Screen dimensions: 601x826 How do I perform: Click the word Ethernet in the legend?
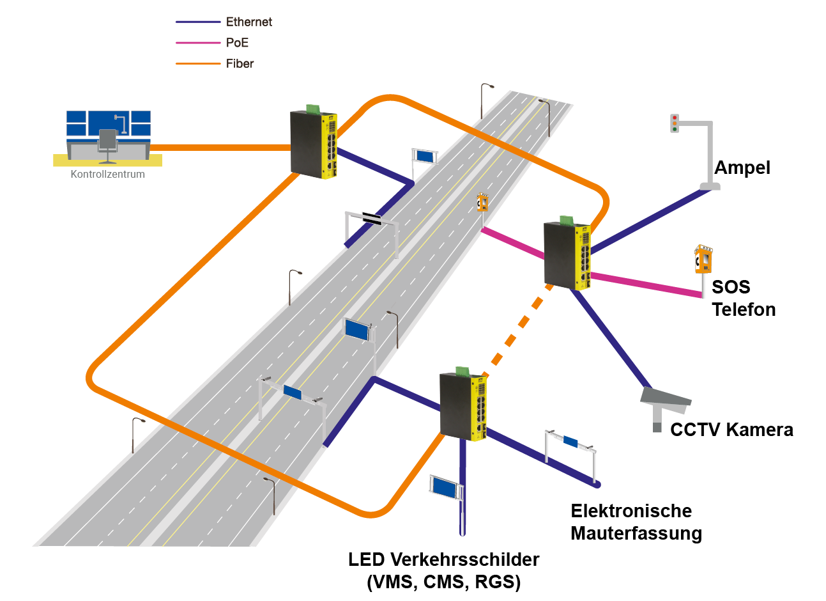(x=249, y=22)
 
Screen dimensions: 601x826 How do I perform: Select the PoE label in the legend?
(x=237, y=43)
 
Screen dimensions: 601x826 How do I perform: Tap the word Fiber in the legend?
(x=240, y=63)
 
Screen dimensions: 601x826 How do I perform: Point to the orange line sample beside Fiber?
(x=198, y=63)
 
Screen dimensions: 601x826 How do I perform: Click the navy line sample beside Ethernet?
(x=198, y=22)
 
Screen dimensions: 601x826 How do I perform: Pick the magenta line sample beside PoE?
(x=198, y=43)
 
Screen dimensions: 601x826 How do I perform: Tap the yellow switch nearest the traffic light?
(x=567, y=255)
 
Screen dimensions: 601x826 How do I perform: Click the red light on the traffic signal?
(x=674, y=118)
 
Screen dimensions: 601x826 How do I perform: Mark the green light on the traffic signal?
(x=674, y=130)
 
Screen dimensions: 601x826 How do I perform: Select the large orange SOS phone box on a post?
(x=703, y=260)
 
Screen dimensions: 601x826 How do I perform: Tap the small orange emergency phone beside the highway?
(x=482, y=203)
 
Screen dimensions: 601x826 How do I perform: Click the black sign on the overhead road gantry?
(x=372, y=219)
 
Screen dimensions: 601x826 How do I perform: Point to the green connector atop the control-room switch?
(x=313, y=109)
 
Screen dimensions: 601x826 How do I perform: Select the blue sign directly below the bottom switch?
(x=445, y=488)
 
